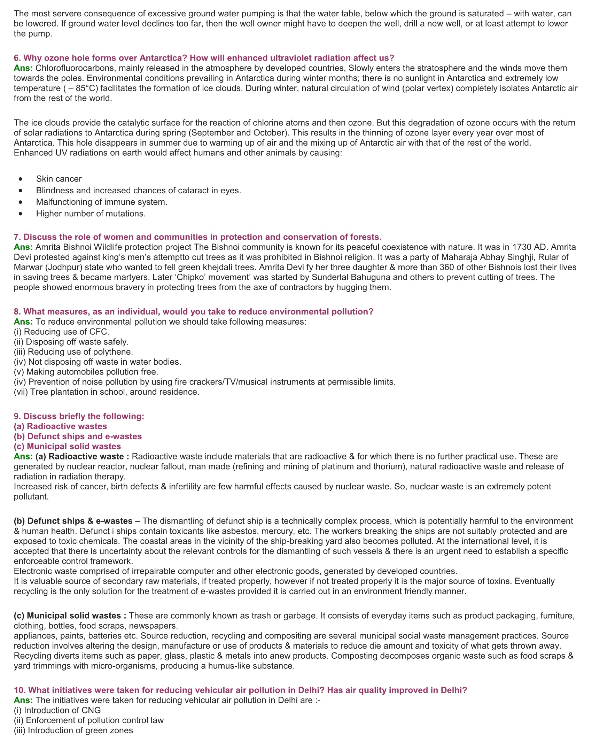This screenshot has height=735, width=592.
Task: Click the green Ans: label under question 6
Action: pos(23,68)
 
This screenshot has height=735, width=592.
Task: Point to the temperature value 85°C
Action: pos(87,88)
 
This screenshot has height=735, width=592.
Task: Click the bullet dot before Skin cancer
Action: pos(21,179)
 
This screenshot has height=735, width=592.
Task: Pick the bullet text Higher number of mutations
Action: pos(91,214)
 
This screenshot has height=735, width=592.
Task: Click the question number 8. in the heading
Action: pos(17,311)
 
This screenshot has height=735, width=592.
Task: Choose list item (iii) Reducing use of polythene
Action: pos(73,352)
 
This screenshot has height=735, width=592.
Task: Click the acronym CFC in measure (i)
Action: pos(99,332)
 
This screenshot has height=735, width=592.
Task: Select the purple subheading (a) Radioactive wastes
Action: pos(60,426)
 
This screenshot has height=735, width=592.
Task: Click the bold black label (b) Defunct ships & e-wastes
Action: pos(73,521)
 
